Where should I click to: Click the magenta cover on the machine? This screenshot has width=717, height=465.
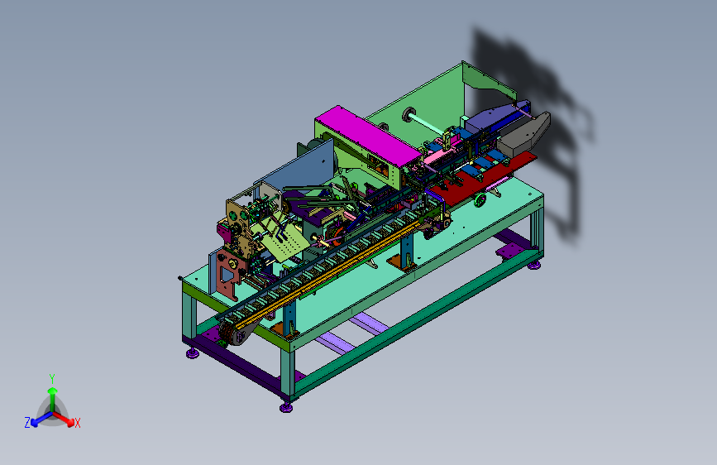click(x=366, y=134)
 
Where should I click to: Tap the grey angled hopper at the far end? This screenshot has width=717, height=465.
click(x=526, y=132)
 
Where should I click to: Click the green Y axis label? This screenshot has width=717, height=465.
click(x=52, y=378)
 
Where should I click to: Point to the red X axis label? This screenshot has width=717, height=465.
click(x=77, y=424)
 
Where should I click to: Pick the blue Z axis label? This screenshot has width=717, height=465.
click(x=27, y=423)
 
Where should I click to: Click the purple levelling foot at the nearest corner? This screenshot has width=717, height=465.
click(x=286, y=407)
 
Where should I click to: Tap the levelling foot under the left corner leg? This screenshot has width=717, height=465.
click(x=193, y=353)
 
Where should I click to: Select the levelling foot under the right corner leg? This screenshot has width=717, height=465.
click(x=534, y=265)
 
